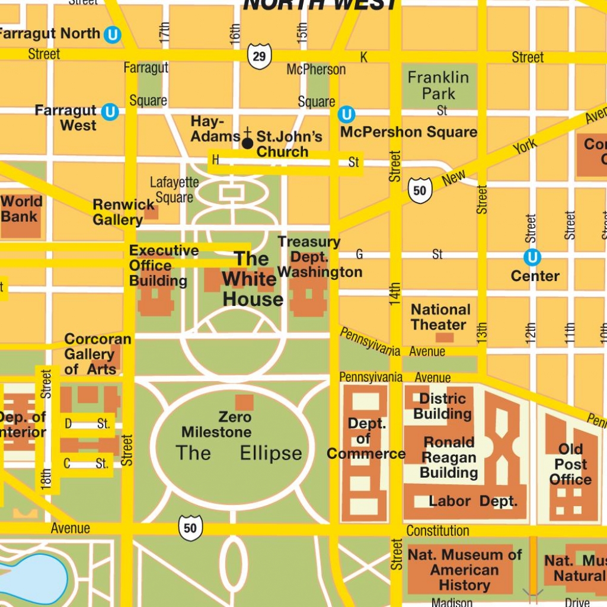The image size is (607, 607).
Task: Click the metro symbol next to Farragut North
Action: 112,35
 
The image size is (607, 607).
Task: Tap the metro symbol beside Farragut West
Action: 109,112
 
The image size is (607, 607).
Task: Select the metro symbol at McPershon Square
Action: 346,114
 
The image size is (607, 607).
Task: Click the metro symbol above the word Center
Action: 532,257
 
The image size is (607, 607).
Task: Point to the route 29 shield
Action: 259,57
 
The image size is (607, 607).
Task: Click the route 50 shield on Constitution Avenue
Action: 190,528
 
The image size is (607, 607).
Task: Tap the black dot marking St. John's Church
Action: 248,143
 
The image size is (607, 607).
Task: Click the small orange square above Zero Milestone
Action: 244,402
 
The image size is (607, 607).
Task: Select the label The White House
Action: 253,279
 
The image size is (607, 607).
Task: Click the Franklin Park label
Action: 439,85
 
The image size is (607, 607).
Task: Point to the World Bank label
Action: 21,208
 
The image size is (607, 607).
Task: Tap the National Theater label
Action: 440,317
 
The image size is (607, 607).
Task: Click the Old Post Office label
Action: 570,464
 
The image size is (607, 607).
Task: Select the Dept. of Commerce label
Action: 366,439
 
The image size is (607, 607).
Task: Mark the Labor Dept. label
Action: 473,501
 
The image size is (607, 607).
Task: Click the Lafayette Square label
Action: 174,190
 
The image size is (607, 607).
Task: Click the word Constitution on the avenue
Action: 437,531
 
